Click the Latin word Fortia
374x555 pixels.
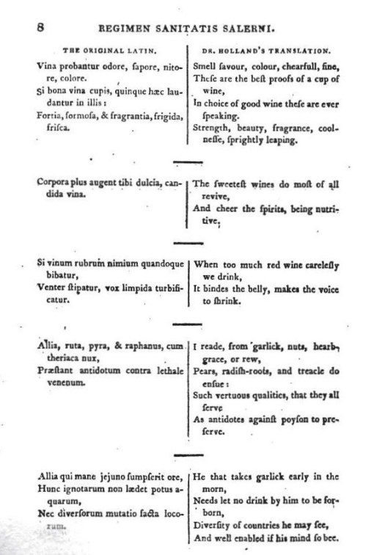click(x=50, y=114)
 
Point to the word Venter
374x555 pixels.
click(x=51, y=289)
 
